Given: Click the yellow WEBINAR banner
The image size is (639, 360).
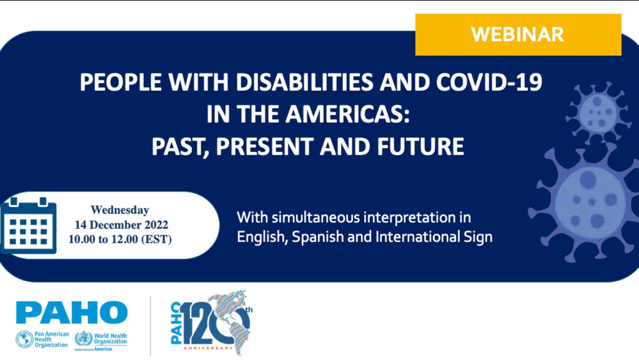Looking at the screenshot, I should [518, 35].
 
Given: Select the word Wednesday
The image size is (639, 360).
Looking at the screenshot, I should [120, 210].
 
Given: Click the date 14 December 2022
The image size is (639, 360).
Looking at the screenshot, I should [121, 225].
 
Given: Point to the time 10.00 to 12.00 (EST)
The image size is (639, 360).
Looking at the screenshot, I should [120, 239].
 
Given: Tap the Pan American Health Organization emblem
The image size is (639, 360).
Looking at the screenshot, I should [24, 339].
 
